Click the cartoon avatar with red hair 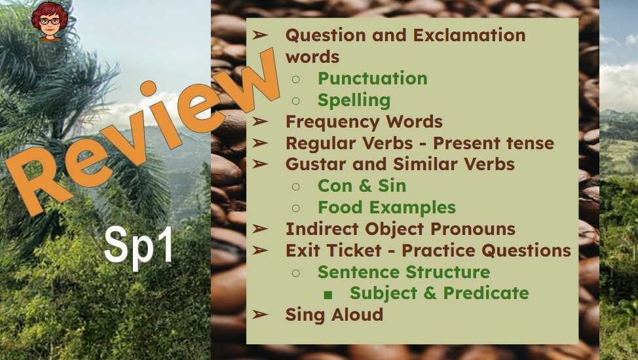click(x=50, y=21)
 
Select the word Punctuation click(x=372, y=79)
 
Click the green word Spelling click(x=354, y=100)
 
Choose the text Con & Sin click(x=362, y=186)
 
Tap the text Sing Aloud click(x=334, y=315)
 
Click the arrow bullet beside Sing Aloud click(x=261, y=315)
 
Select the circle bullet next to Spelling click(x=295, y=101)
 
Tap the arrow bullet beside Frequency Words click(x=261, y=122)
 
